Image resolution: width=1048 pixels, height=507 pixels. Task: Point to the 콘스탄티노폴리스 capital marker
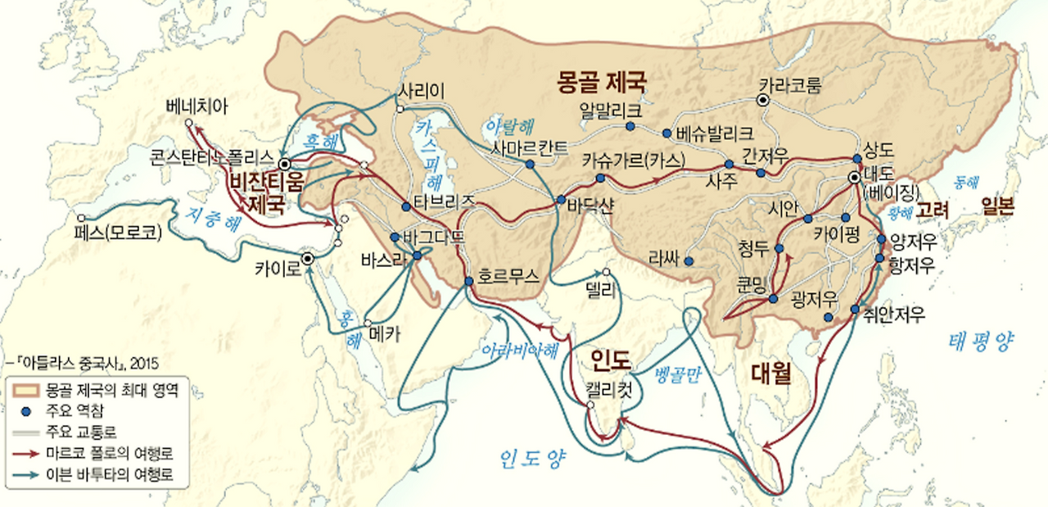pos(284,163)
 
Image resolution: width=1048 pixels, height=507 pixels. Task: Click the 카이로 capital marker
pos(308,258)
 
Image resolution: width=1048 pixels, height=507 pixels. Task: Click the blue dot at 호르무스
pos(468,281)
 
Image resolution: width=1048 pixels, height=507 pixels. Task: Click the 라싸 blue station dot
pos(689,262)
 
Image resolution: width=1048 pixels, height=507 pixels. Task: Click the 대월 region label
pos(771,373)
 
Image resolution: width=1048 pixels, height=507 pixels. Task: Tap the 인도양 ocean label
pos(533,460)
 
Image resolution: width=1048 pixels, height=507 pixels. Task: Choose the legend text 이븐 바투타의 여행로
pos(109,474)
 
